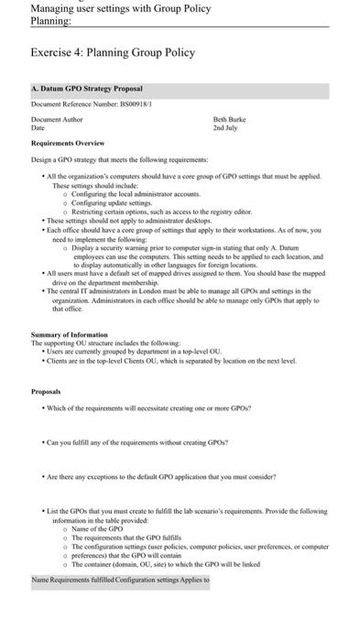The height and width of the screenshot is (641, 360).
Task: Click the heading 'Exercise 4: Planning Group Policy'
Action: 113,52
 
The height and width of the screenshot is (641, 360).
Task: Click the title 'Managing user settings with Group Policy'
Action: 120,8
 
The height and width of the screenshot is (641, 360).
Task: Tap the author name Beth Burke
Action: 229,119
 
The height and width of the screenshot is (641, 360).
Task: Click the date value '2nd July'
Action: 225,127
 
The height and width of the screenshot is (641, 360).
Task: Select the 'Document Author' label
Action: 57,119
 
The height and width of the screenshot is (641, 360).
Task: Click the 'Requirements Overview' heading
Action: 68,144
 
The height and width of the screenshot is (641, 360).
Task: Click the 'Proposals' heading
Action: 47,390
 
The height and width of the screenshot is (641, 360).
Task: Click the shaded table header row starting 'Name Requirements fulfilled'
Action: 120,580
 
